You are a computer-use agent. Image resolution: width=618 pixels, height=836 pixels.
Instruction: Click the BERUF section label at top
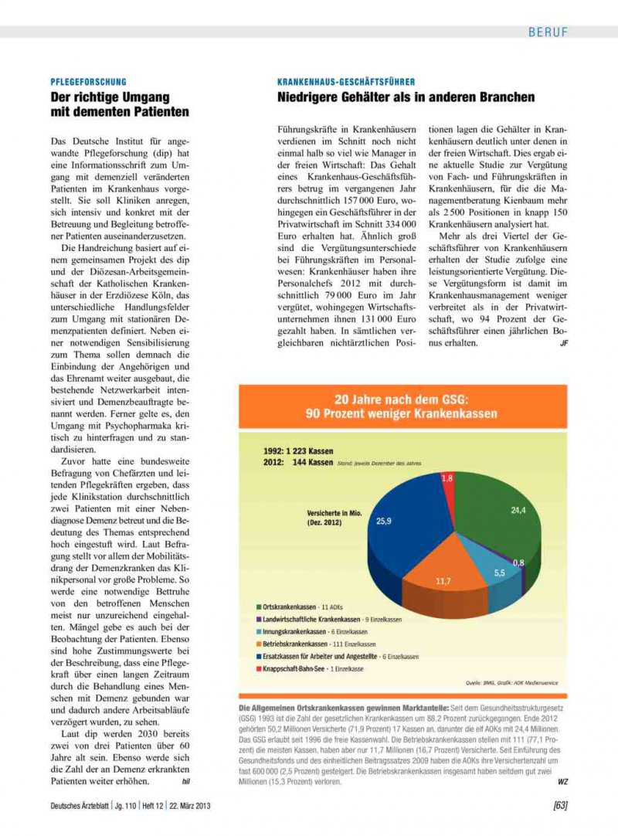click(548, 32)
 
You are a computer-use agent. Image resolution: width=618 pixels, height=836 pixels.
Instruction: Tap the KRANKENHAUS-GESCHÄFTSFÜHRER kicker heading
click(346, 81)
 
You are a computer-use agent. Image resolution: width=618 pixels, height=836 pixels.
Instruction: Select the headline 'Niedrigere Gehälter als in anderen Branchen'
click(406, 97)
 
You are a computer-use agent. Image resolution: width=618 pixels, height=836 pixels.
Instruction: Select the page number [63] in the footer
click(561, 807)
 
